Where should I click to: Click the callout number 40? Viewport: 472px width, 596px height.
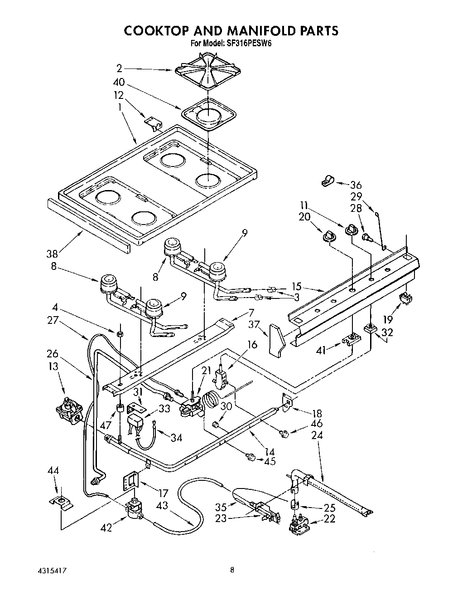coord(119,83)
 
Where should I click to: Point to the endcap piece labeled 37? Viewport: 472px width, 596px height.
coord(276,339)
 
